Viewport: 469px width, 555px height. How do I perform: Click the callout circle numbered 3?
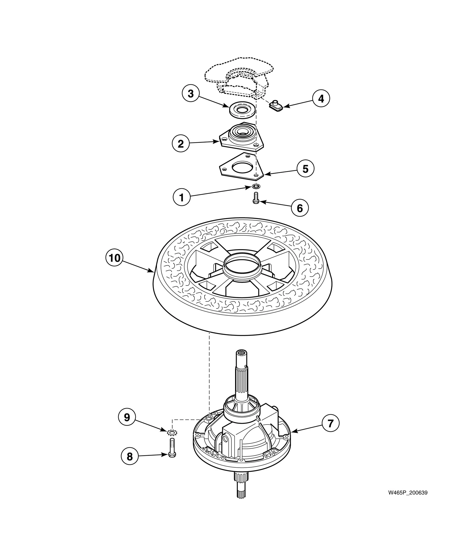(x=191, y=94)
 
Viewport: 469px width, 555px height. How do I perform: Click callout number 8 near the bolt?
(x=130, y=456)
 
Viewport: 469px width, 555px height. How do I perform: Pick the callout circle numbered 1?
(x=181, y=198)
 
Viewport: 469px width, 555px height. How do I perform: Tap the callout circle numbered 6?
(x=300, y=208)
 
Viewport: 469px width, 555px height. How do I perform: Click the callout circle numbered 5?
(x=305, y=169)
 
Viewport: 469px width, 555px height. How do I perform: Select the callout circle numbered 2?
(x=181, y=144)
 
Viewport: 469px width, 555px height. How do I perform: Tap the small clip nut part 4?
(x=275, y=105)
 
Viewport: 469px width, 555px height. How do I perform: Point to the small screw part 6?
(x=255, y=199)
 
